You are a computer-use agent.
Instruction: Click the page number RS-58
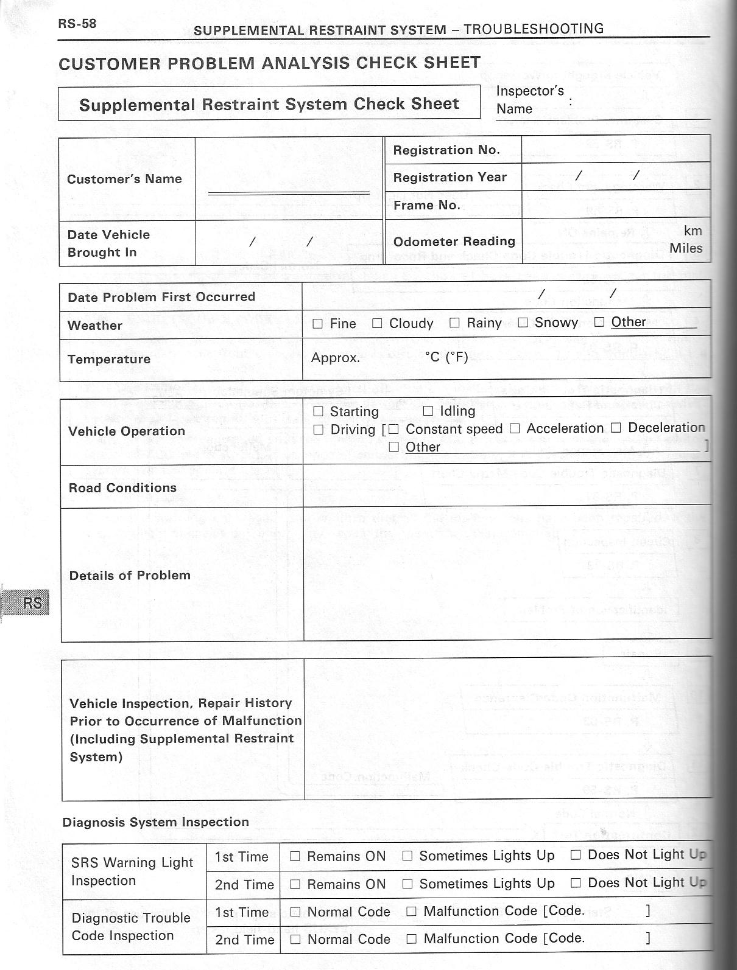tap(77, 24)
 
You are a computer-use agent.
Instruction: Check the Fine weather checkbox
tap(317, 324)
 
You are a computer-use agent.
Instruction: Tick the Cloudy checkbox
tap(377, 324)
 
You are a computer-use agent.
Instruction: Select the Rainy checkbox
tap(454, 323)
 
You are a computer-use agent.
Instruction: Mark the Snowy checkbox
tap(523, 323)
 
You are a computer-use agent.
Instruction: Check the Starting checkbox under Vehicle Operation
tap(318, 412)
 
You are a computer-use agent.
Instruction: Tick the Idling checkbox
tap(428, 411)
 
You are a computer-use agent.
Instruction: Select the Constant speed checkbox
tap(393, 429)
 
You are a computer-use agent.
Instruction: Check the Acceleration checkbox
tap(515, 428)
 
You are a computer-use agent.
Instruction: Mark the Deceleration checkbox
tap(616, 428)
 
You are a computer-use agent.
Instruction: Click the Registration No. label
tap(446, 150)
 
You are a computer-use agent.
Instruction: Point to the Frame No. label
tap(426, 205)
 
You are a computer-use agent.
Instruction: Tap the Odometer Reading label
tap(454, 242)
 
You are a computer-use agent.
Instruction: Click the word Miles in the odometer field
tap(686, 248)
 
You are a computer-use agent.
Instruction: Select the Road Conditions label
tap(122, 488)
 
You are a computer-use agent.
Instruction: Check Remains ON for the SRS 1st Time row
tap(295, 857)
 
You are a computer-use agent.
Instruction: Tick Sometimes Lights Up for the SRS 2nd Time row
tap(407, 884)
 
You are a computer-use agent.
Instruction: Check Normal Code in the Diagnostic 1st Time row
tap(295, 912)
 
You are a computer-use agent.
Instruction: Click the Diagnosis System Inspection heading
tap(156, 822)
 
